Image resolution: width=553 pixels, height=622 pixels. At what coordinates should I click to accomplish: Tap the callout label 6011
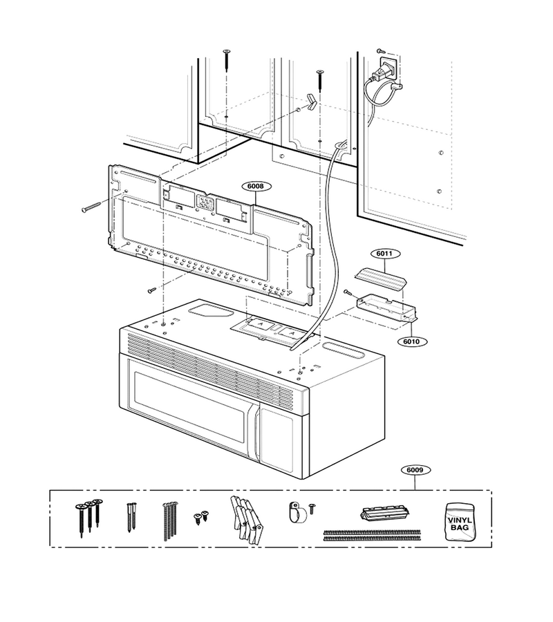click(385, 254)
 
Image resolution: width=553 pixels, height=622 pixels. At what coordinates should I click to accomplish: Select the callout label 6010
click(411, 341)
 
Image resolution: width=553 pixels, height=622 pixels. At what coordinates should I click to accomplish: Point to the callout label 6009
click(415, 470)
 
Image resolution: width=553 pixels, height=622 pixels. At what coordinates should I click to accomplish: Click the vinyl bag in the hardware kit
click(460, 521)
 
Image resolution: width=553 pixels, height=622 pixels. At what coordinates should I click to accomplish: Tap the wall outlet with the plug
click(389, 66)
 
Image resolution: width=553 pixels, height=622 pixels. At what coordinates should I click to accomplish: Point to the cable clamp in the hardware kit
click(298, 512)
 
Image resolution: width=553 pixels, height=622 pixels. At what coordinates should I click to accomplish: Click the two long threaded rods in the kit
click(372, 535)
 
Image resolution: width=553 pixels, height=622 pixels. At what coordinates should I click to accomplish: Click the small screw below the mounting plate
click(151, 291)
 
